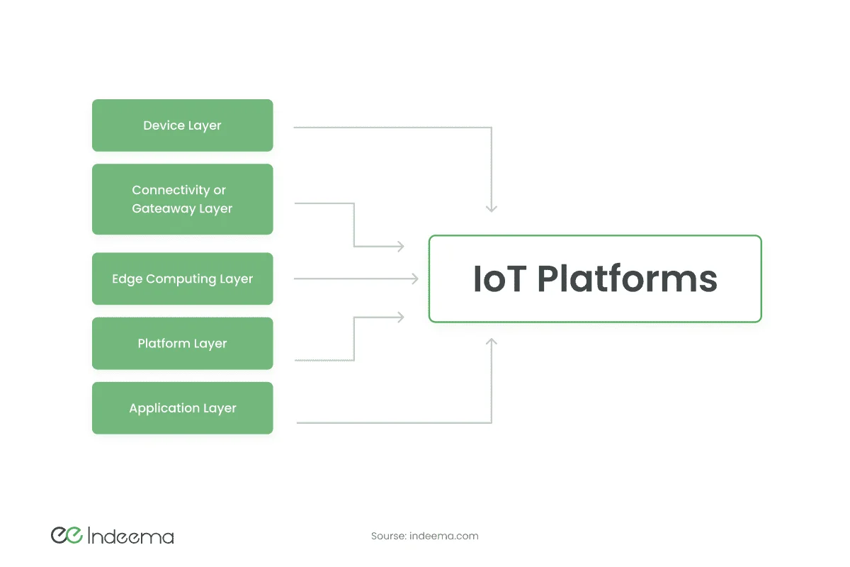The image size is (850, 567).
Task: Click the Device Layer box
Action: pos(183,125)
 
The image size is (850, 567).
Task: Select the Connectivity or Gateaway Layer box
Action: pos(183,199)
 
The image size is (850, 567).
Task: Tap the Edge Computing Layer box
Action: pos(183,279)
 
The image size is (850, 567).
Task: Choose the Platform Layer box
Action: pos(183,343)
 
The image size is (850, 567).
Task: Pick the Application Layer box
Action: pos(183,408)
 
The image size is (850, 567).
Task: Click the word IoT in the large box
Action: pos(500,279)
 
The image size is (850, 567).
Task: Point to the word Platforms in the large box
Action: pos(628,279)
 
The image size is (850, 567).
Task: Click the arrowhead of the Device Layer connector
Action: pos(492,208)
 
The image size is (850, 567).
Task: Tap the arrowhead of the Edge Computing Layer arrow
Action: pos(415,279)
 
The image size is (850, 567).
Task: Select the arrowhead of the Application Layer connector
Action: pos(492,342)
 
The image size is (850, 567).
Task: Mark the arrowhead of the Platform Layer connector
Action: pos(401,317)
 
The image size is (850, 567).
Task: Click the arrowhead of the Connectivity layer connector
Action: pos(401,247)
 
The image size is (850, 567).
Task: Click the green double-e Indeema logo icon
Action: pos(67,535)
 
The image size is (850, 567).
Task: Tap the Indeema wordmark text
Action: pos(130,536)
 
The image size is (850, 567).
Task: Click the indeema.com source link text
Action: pos(444,536)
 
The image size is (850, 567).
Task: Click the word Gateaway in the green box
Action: pos(164,208)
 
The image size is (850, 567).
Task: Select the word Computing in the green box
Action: pos(181,279)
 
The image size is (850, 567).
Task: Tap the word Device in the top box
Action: pos(164,125)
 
